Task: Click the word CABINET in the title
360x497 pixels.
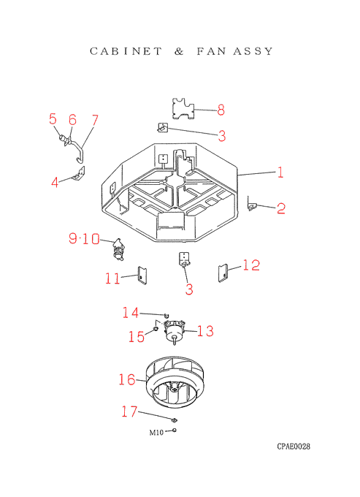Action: [126, 51]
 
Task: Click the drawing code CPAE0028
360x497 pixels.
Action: [294, 447]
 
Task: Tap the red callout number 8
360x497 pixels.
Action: [221, 110]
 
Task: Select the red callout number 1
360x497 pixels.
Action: [280, 172]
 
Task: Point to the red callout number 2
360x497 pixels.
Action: [281, 208]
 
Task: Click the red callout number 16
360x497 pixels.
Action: [127, 379]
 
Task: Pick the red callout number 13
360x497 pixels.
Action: [205, 331]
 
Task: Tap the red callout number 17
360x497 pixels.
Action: [129, 411]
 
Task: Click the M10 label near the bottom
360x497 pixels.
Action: [156, 433]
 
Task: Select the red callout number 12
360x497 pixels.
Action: [251, 265]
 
